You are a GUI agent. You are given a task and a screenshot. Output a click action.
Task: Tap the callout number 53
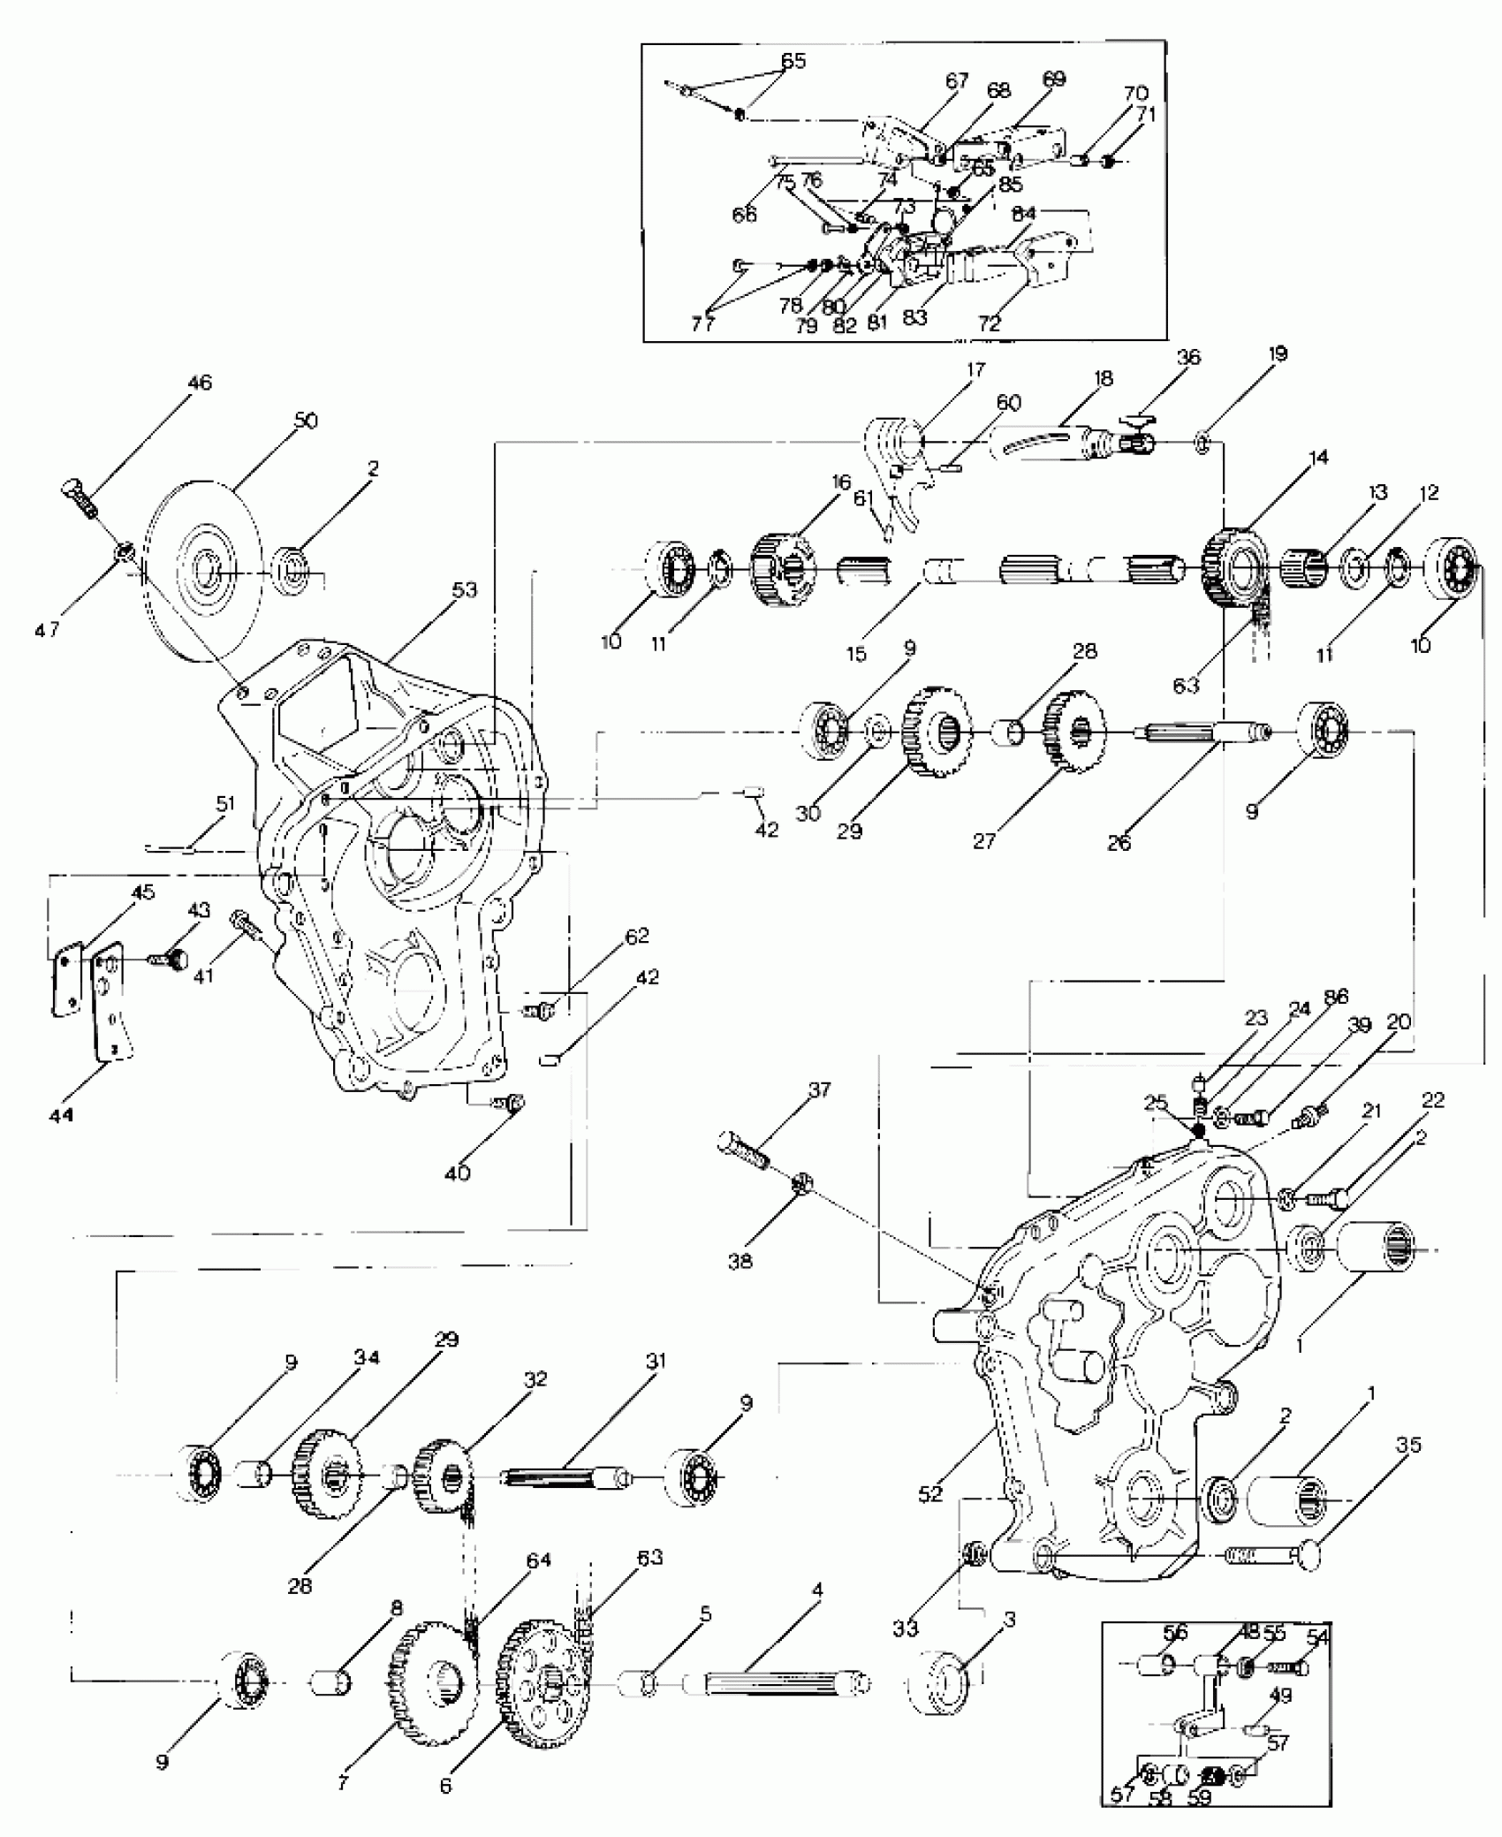pos(465,589)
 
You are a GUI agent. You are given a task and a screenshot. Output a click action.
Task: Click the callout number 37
pos(819,1090)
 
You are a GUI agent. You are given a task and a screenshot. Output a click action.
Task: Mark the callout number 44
pos(61,1116)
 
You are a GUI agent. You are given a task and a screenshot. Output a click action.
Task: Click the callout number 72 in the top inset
pos(990,323)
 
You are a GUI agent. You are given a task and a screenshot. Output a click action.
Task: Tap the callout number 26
pos(1118,844)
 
